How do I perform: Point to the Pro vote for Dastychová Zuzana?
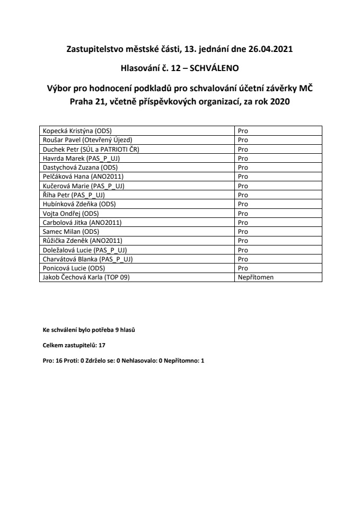(x=243, y=167)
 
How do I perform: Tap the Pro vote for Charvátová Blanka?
(x=243, y=259)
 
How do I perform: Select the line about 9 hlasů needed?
(x=89, y=330)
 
